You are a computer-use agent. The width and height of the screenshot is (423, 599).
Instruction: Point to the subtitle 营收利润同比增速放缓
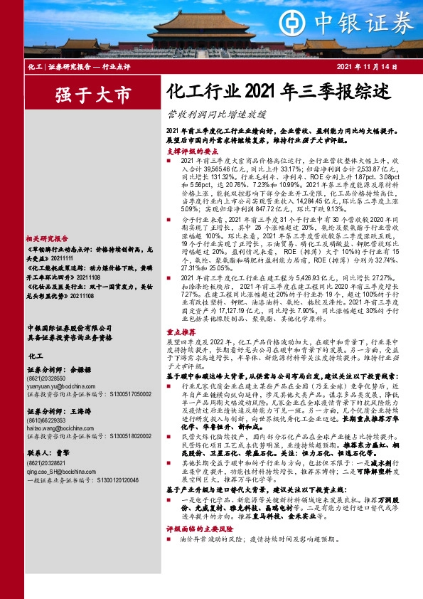[216, 113]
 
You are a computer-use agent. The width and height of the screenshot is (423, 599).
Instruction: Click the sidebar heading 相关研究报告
[46, 239]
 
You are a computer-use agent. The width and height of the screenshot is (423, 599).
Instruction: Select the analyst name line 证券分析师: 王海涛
[54, 411]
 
